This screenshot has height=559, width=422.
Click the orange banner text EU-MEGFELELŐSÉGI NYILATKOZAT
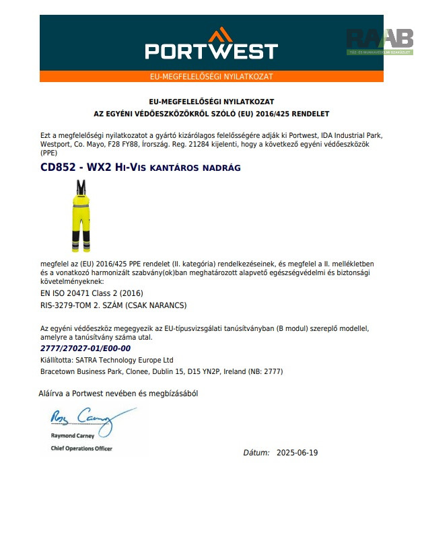211,77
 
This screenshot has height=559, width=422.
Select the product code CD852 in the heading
57,167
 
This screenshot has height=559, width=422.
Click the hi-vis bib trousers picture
81,215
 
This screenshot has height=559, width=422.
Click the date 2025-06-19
297,453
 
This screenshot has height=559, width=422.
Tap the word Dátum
256,453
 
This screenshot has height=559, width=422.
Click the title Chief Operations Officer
81,449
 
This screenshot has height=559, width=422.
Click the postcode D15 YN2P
213,371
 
